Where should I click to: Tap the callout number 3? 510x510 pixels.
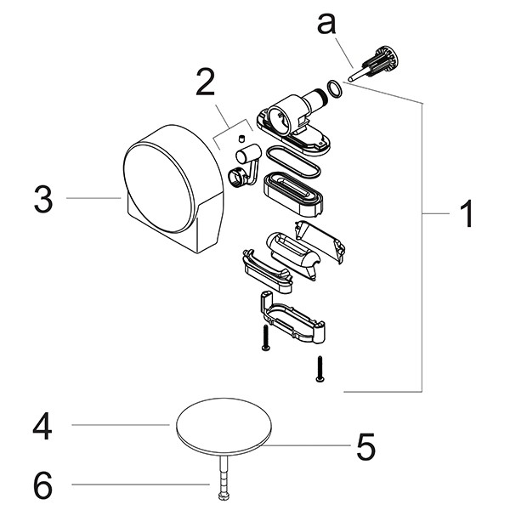(x=43, y=201)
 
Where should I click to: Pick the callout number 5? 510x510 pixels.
(x=365, y=446)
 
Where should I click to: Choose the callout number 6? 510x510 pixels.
(x=43, y=485)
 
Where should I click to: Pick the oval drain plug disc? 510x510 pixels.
(x=224, y=425)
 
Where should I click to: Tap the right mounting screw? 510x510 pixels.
(x=320, y=368)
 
